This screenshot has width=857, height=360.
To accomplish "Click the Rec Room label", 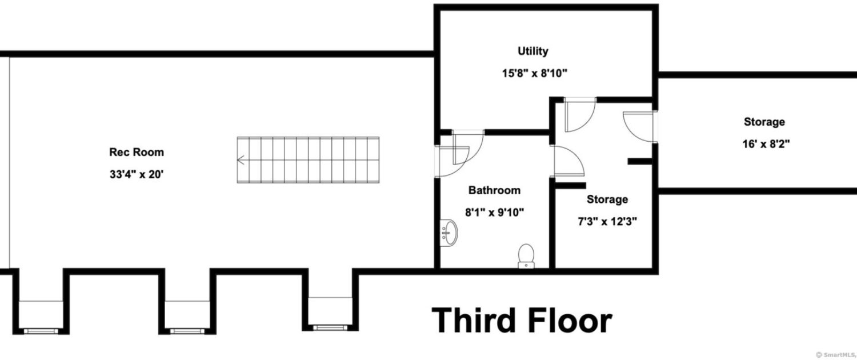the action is click(137, 152).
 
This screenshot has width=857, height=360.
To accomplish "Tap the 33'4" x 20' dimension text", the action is click(137, 174).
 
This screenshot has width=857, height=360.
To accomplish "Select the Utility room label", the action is click(533, 51).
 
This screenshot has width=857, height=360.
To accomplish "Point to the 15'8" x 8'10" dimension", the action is click(534, 73).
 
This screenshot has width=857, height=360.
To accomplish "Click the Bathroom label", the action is click(494, 190).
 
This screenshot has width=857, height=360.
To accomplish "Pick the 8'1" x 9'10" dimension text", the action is click(494, 213).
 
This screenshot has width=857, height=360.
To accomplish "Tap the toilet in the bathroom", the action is click(526, 256).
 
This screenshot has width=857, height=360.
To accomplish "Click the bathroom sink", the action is click(448, 233).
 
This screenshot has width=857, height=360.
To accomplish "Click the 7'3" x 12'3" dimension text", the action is click(607, 222).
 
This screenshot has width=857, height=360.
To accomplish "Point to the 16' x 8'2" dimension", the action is click(766, 144).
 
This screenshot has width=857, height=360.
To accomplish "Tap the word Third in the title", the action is click(474, 321).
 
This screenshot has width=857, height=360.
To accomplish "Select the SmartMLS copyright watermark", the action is click(836, 355).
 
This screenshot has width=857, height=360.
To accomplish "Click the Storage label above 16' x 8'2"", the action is click(764, 122).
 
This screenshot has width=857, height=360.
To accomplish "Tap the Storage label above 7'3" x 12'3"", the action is click(607, 199).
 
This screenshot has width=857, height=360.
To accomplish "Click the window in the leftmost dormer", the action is click(41, 331).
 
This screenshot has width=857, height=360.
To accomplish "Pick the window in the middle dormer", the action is click(187, 331).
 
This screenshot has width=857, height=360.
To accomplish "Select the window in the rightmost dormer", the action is click(330, 327).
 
